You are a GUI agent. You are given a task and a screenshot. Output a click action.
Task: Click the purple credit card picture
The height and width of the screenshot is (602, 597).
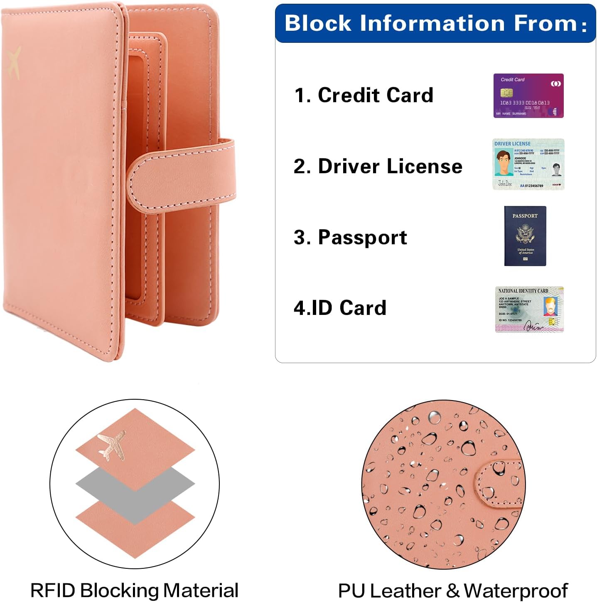[x=528, y=96]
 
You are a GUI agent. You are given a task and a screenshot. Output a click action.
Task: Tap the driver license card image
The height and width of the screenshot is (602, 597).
[x=528, y=164]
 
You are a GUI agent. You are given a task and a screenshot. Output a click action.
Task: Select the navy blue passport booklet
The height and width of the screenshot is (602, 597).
[x=525, y=236]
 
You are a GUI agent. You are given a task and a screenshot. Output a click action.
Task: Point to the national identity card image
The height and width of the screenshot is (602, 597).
[x=529, y=310]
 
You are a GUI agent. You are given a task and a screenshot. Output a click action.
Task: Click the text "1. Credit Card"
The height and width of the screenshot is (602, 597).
[x=364, y=95]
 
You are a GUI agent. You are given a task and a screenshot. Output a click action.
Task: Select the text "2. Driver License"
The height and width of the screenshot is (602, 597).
[x=378, y=166]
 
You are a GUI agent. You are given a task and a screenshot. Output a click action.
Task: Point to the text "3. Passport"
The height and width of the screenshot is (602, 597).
[x=350, y=237]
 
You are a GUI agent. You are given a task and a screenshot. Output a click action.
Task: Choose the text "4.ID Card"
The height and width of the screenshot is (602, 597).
[x=340, y=308]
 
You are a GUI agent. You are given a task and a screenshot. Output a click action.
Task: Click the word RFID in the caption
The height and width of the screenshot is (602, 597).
[x=53, y=590]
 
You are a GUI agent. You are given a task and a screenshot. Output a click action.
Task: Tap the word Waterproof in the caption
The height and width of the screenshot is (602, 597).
[x=516, y=590]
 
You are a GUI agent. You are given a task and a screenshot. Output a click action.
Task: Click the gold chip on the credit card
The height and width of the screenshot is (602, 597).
[x=506, y=92]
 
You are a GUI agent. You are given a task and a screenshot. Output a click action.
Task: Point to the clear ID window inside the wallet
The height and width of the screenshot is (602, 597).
[x=135, y=179]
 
